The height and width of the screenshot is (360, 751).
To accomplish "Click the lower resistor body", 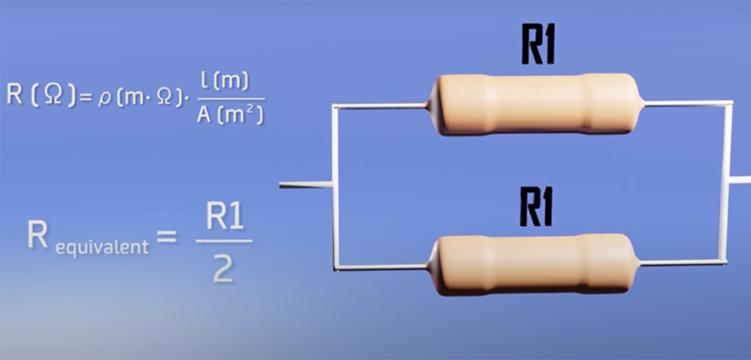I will tap(535, 261).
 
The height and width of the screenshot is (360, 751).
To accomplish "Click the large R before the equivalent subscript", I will tap(39, 237).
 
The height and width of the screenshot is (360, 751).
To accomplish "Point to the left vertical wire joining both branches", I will tap(332, 183).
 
